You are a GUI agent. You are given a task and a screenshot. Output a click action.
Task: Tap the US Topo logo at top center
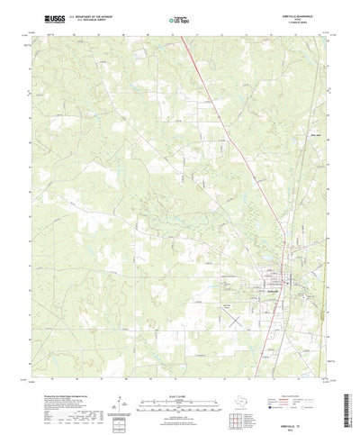point(179,19)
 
